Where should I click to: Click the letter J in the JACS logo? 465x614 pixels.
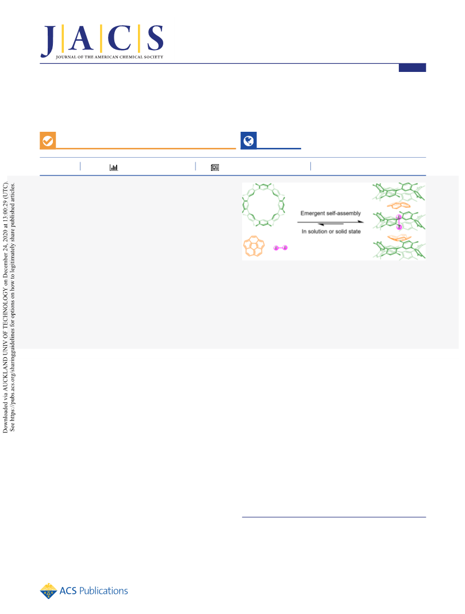pyautogui.click(x=48, y=41)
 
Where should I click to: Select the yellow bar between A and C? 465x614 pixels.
pyautogui.click(x=101, y=38)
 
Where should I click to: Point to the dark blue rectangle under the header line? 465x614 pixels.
pyautogui.click(x=412, y=68)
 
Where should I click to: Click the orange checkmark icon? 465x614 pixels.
pyautogui.click(x=48, y=140)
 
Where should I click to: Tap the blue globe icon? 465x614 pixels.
pyautogui.click(x=248, y=140)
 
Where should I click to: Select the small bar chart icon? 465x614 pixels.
pyautogui.click(x=114, y=167)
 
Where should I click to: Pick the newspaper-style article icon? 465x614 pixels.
pyautogui.click(x=215, y=167)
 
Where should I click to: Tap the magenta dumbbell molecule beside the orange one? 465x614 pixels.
pyautogui.click(x=280, y=248)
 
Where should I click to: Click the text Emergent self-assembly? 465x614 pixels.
pyautogui.click(x=331, y=213)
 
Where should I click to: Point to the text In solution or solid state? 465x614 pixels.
pyautogui.click(x=331, y=231)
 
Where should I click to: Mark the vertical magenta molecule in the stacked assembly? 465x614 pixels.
pyautogui.click(x=399, y=222)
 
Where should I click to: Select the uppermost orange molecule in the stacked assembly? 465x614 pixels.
pyautogui.click(x=399, y=205)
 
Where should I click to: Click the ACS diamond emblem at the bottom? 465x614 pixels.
pyautogui.click(x=48, y=591)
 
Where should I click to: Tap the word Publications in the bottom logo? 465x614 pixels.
pyautogui.click(x=103, y=591)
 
